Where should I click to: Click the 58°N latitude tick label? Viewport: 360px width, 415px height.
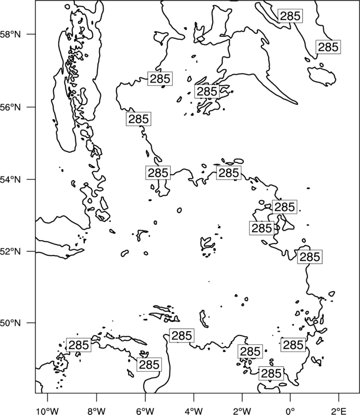point(11,34)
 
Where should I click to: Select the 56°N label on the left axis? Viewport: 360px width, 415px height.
point(11,107)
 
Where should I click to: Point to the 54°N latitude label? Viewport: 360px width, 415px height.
point(11,179)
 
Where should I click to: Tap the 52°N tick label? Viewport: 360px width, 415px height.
point(11,251)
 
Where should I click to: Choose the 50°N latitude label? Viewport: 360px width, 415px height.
point(11,323)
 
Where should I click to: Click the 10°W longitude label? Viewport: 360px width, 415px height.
point(47,411)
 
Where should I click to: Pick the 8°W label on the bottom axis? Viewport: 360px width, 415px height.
point(96,411)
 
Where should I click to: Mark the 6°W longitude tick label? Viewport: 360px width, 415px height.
point(145,411)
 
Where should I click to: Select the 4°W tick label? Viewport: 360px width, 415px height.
point(193,411)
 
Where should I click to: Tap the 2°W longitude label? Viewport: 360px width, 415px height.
point(242,411)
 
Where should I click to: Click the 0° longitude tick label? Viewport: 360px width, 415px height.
point(290,411)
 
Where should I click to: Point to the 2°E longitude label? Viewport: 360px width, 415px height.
point(339,411)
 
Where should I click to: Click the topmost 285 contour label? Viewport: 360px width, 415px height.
point(290,16)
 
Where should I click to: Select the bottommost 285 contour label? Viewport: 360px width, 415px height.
point(271,373)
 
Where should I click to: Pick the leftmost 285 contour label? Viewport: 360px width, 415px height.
point(79,345)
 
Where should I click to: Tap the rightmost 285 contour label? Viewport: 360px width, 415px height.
point(328,47)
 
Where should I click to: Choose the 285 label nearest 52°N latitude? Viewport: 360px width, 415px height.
point(310,257)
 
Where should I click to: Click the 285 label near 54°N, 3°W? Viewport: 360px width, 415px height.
point(229,173)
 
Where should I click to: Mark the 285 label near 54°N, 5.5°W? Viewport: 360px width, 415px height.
point(158,173)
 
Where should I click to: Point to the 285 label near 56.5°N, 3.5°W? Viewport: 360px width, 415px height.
point(207,91)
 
